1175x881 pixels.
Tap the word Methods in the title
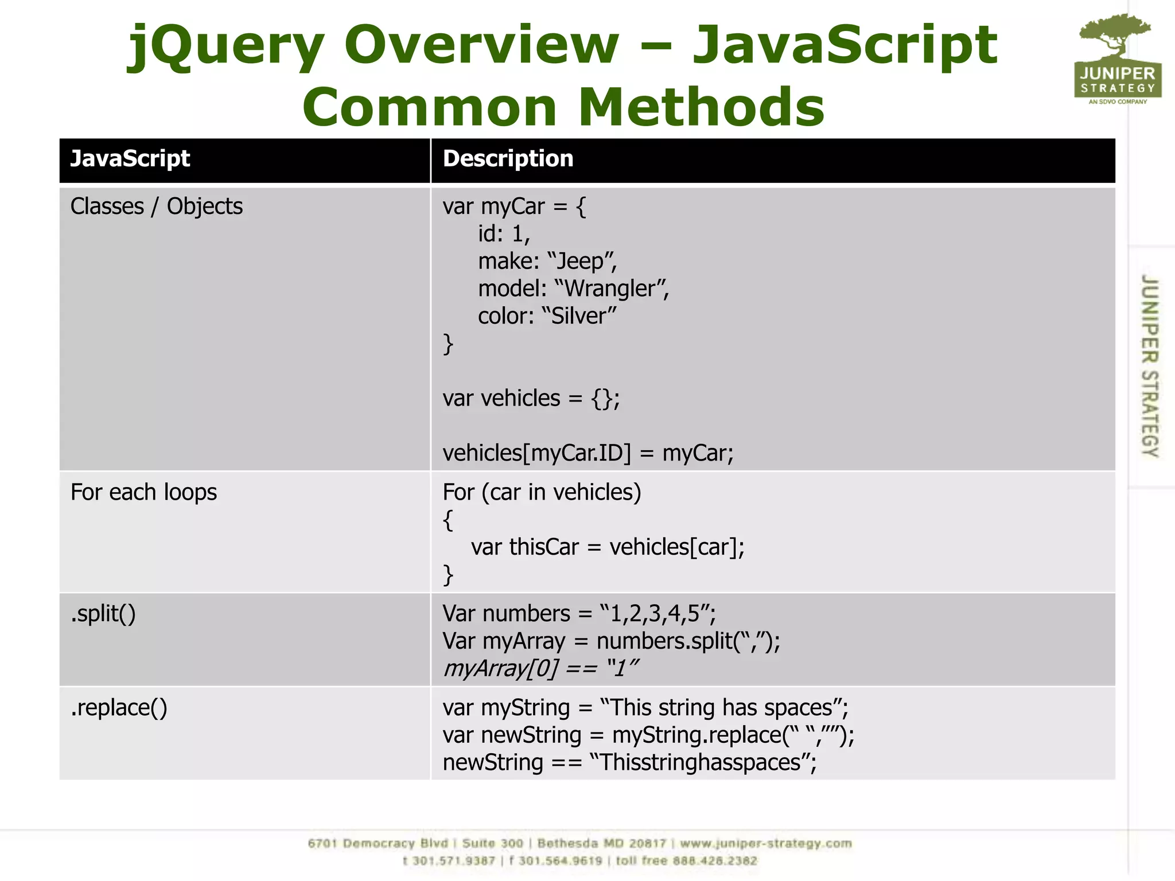pyautogui.click(x=701, y=107)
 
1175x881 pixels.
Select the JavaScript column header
pyautogui.click(x=130, y=159)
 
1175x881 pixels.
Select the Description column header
pyautogui.click(x=508, y=159)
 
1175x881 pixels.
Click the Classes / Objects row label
pyautogui.click(x=156, y=206)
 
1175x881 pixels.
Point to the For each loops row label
pyautogui.click(x=143, y=493)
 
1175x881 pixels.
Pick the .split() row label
pyautogui.click(x=103, y=614)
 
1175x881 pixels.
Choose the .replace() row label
pyautogui.click(x=119, y=708)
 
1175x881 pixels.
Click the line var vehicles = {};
pyautogui.click(x=531, y=399)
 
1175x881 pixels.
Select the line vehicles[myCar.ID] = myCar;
pyautogui.click(x=587, y=454)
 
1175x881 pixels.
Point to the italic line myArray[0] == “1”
pyautogui.click(x=540, y=669)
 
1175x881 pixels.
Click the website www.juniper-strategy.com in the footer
pyautogui.click(x=766, y=844)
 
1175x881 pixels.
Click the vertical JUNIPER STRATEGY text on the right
pyautogui.click(x=1150, y=366)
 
